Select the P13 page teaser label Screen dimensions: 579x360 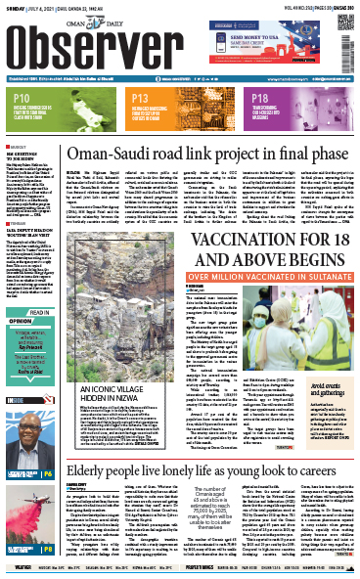(x=140, y=99)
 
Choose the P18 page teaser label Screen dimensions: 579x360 (x=261, y=99)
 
